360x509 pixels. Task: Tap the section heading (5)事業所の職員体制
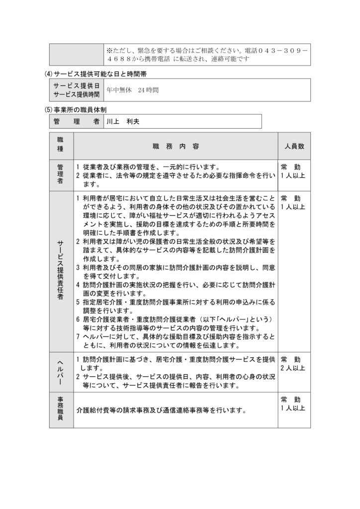76,108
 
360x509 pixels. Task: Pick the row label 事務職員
61,411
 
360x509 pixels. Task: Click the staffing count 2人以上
293,368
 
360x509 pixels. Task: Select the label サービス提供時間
77,94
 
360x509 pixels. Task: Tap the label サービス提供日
77,86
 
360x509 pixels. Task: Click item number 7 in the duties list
78,337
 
